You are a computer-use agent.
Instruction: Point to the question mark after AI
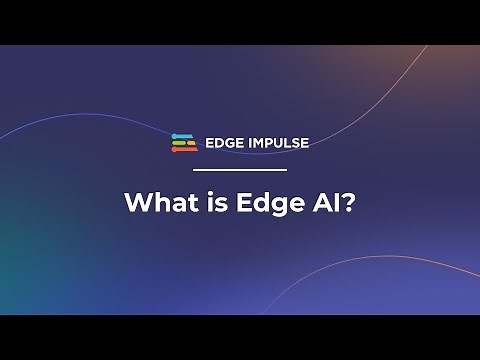coord(350,202)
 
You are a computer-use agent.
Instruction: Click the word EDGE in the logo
coord(225,143)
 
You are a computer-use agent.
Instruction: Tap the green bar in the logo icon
coord(180,141)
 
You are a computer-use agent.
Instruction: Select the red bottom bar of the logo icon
coord(184,150)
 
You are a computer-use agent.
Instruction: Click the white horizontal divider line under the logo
coord(239,169)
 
